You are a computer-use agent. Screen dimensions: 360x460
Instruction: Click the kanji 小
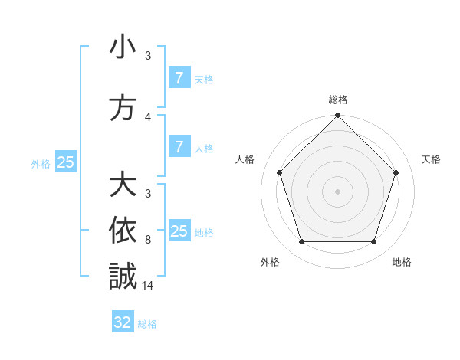point(123,47)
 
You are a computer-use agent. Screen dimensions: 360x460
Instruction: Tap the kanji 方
point(123,108)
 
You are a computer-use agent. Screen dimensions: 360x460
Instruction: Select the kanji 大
point(123,185)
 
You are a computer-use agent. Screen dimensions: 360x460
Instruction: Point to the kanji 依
point(123,231)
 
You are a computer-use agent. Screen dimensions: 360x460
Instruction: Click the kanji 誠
point(123,276)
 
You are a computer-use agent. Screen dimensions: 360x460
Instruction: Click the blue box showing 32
point(123,322)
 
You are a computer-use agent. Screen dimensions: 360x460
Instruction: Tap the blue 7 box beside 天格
point(179,77)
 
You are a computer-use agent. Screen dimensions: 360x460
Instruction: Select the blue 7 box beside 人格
point(179,147)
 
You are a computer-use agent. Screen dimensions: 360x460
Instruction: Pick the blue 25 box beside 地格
point(179,231)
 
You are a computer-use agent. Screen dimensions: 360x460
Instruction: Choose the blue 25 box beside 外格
point(66,162)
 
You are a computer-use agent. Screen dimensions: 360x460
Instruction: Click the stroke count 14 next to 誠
point(148,285)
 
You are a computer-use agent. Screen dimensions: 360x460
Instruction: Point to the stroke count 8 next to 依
point(148,239)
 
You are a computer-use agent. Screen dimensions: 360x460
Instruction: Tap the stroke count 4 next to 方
point(148,116)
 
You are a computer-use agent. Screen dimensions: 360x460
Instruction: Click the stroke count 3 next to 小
point(148,56)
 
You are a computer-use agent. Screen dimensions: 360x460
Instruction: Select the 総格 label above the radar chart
point(337,100)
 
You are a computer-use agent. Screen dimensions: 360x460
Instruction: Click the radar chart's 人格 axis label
point(245,159)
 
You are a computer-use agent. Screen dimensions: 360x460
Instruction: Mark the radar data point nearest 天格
point(396,172)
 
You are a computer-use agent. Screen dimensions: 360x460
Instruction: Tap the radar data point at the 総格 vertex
point(337,116)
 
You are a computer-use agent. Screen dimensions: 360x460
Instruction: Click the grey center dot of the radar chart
point(337,191)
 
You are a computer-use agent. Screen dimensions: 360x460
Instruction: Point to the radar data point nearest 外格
point(301,242)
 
